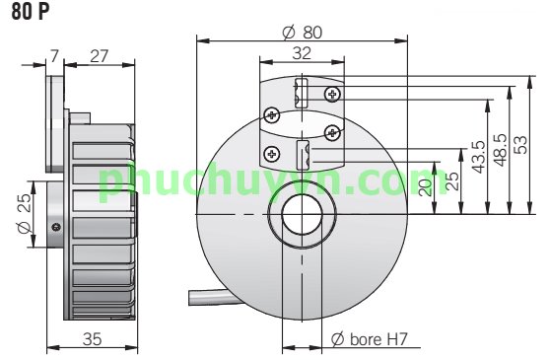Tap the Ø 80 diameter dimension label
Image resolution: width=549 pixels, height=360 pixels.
coord(302,31)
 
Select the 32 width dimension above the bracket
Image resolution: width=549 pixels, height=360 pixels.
coord(303,53)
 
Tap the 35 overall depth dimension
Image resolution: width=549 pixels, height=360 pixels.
coord(91,339)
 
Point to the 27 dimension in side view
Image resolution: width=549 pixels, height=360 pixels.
coord(99,54)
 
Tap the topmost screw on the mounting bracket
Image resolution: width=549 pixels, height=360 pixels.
coord(331,95)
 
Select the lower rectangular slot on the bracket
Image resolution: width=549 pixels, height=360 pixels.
coord(303,155)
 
